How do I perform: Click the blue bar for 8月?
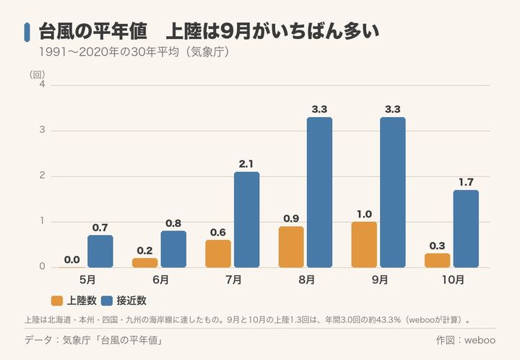319,192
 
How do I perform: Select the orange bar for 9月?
364,244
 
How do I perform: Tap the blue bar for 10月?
466,228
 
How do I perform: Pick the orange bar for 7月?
218,254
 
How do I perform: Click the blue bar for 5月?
100,251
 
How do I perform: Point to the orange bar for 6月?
145,263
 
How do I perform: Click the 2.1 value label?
246,164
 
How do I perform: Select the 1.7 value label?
466,182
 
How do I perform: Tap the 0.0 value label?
72,260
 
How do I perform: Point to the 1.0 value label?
364,215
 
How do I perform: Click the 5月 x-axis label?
87,280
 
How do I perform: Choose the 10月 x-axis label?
454,280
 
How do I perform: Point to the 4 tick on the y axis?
42,84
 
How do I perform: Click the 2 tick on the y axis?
42,175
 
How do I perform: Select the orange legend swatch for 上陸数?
57,301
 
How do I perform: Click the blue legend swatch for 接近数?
107,301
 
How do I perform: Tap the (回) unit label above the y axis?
37,74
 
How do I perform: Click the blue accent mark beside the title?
27,33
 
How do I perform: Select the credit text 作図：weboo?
466,340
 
